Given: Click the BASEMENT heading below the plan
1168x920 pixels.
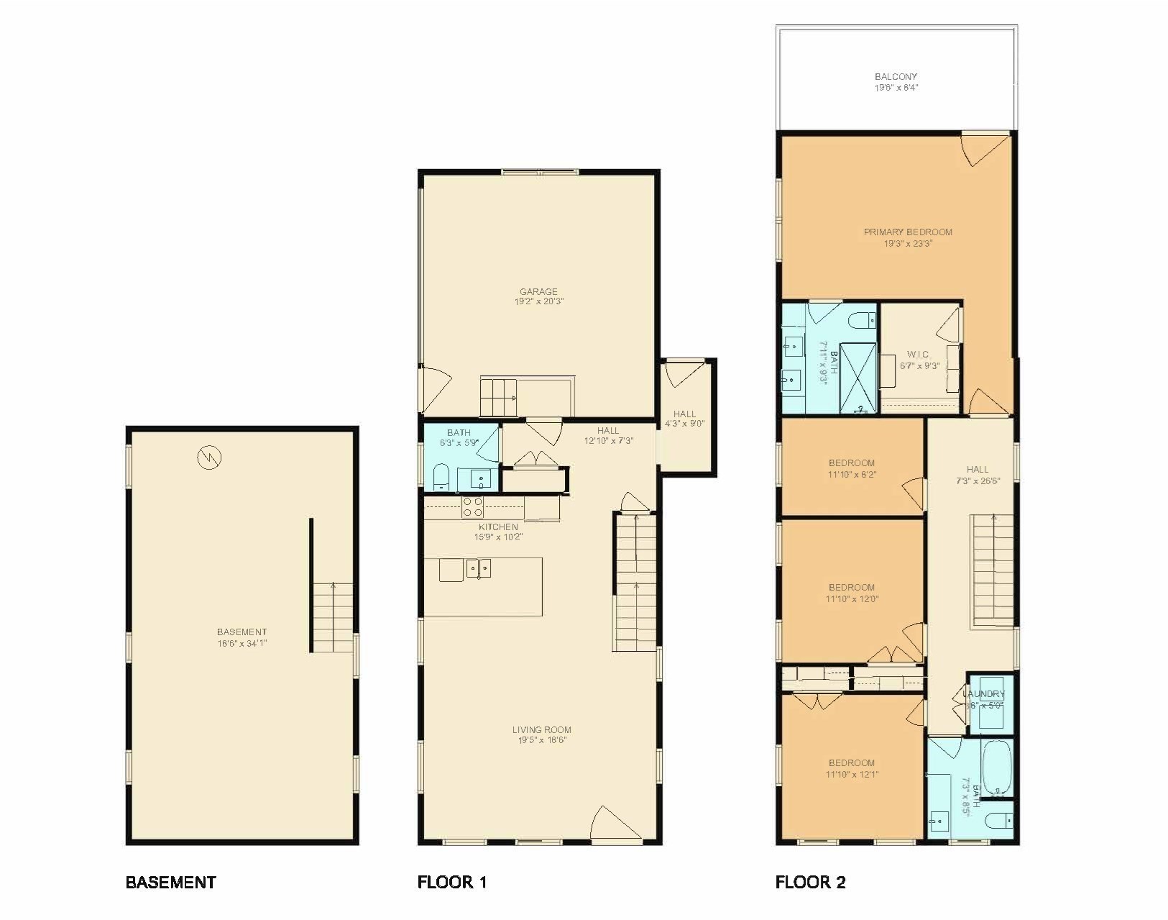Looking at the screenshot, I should point(170,882).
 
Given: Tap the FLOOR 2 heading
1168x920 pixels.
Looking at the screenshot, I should point(810,882).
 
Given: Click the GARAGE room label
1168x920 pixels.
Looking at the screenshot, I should point(538,291).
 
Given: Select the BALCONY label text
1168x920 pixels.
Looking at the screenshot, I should point(896,76).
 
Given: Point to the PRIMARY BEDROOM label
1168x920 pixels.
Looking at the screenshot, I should point(908,232).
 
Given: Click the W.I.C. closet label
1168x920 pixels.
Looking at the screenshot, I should point(919,355).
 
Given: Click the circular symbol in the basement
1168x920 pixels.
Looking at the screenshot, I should point(211,456).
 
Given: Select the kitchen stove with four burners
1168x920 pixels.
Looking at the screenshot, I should point(472,506).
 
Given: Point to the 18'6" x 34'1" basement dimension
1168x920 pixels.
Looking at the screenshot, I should point(242,644).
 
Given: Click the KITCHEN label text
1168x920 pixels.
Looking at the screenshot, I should point(498,527).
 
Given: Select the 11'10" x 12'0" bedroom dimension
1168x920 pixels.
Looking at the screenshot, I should point(852,598).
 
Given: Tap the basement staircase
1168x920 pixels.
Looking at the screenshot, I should point(333,617).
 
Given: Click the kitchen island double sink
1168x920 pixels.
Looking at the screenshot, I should point(479,568).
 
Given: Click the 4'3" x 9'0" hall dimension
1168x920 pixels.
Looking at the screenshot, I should point(684,424).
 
